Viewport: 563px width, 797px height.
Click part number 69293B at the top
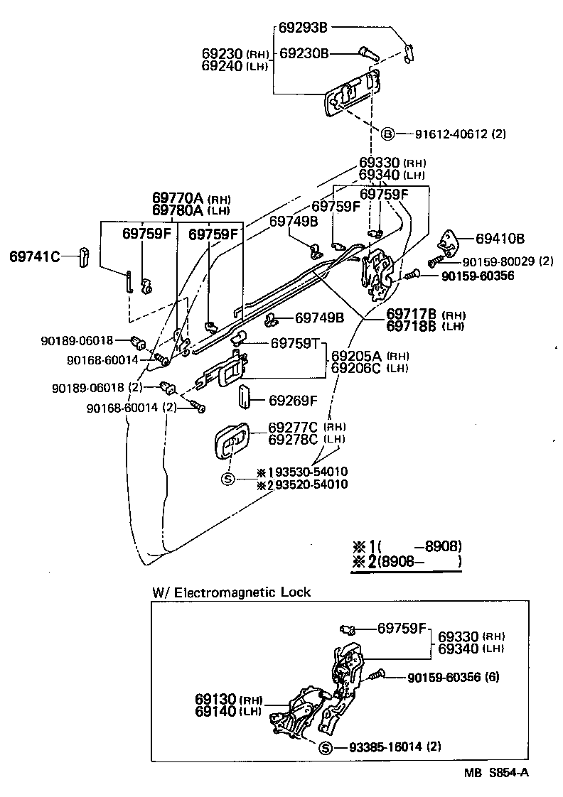click(x=303, y=28)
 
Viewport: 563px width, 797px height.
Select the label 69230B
click(x=304, y=53)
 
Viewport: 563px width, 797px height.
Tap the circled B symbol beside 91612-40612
click(x=387, y=134)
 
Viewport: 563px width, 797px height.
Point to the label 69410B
click(x=500, y=238)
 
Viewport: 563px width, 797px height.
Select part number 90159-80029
click(x=492, y=261)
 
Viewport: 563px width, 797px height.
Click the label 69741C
click(x=35, y=256)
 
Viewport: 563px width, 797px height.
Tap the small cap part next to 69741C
click(x=82, y=256)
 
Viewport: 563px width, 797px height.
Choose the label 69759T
click(x=295, y=343)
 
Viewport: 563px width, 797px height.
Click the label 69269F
click(x=293, y=401)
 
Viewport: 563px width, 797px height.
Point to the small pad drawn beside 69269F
click(x=244, y=398)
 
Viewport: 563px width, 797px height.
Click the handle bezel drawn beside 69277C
click(x=232, y=445)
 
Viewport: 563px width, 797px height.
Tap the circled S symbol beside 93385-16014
click(x=325, y=747)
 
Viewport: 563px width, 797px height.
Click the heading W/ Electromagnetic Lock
click(x=231, y=592)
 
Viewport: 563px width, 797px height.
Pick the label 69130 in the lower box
click(x=215, y=699)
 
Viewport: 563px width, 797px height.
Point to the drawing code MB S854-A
click(x=497, y=775)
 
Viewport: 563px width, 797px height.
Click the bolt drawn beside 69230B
click(x=368, y=53)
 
